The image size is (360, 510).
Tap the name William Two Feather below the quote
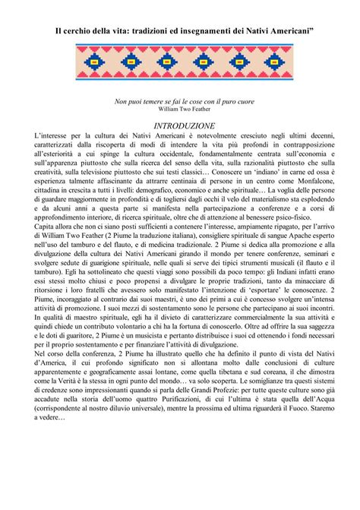(x=179, y=109)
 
